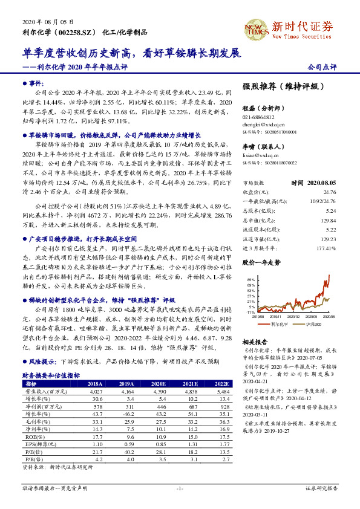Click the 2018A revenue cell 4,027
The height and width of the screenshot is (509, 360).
[x=96, y=392]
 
